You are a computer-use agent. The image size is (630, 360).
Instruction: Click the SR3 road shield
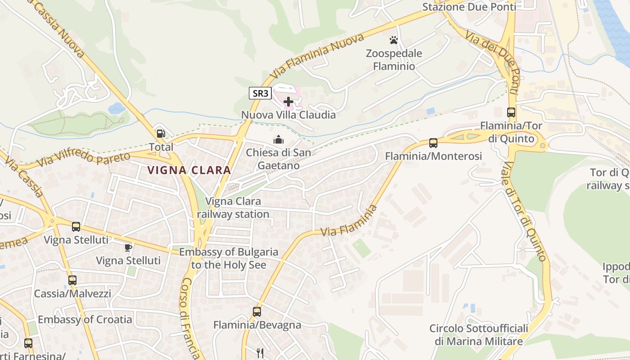point(260,94)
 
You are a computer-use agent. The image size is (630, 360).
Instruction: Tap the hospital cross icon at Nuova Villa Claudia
point(288,102)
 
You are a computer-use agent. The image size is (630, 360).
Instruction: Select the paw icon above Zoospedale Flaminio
point(394,40)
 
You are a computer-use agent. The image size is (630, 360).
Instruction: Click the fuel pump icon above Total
point(161,134)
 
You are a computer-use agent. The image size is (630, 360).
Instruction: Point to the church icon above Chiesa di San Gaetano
point(279,139)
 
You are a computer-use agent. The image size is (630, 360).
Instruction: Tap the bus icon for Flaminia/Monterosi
point(433,143)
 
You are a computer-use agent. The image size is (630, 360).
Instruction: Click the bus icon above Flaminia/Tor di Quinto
point(511,112)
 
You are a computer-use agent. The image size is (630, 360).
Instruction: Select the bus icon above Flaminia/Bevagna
point(257,311)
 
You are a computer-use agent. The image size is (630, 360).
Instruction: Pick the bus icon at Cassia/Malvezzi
point(72,280)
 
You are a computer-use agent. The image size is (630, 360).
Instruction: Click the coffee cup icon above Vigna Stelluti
point(128,247)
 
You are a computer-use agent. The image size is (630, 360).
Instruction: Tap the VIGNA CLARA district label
point(189,170)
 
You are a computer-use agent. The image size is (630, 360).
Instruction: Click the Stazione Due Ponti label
point(469,7)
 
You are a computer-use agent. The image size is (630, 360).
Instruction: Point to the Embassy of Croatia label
point(85,319)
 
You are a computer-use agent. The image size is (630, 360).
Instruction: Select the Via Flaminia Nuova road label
point(317,56)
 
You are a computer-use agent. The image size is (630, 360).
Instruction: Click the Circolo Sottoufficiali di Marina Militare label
point(479,335)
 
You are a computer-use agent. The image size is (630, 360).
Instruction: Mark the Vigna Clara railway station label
point(233,207)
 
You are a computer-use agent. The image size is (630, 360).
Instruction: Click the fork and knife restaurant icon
point(260,353)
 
